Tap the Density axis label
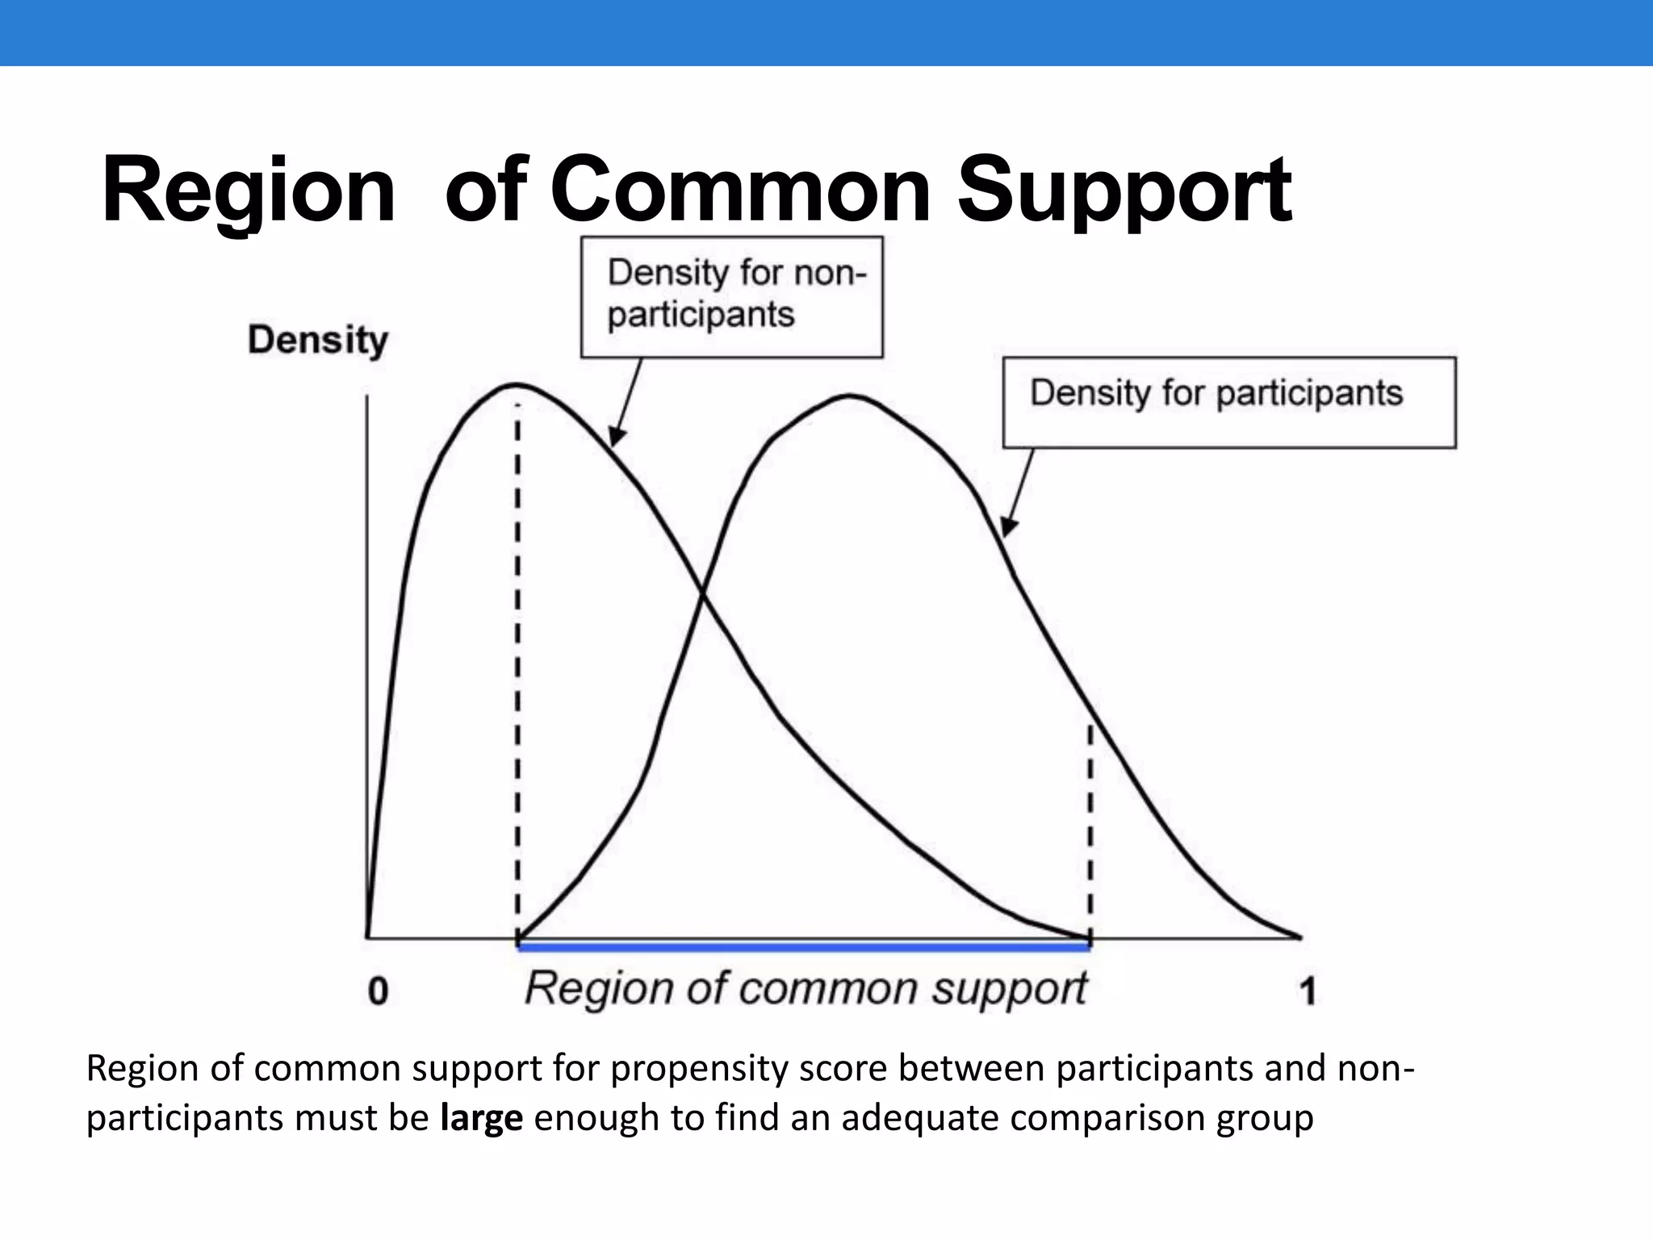coord(318,340)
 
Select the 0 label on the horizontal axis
coord(378,991)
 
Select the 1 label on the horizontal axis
coord(1308,991)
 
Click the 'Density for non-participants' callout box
coord(732,297)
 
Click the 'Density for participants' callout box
coord(1229,402)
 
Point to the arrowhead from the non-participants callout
coord(614,439)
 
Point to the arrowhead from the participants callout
coord(1006,528)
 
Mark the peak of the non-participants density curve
coord(515,384)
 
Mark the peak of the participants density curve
coord(851,396)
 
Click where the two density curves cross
coord(703,596)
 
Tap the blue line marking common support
coord(803,948)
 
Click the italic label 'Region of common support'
coord(806,989)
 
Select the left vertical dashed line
coord(518,670)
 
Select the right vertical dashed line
coord(1090,832)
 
